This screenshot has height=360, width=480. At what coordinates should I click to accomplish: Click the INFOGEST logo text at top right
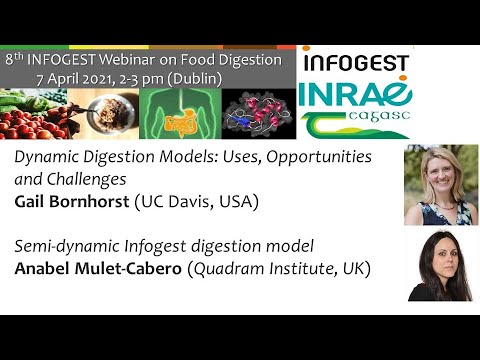(355, 62)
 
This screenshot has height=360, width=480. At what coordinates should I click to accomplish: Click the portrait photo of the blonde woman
(439, 186)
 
